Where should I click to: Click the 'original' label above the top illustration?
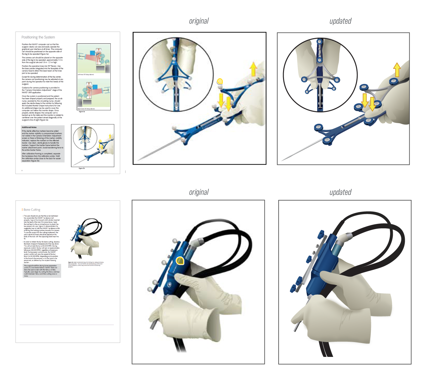199,21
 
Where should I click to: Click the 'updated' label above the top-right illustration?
340,21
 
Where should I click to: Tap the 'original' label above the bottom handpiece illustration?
199,192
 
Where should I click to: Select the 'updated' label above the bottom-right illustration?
340,192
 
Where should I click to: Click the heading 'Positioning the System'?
38,37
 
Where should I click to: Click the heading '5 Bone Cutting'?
31,210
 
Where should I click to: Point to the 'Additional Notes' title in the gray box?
29,127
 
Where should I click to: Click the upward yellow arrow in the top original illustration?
253,69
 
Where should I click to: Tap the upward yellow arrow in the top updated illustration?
397,69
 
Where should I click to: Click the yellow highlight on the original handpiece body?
180,261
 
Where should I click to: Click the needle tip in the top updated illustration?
282,160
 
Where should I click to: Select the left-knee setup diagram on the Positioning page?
94,59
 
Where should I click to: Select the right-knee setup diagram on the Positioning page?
94,93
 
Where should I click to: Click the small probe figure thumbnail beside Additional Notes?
93,145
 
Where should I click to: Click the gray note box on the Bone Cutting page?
42,271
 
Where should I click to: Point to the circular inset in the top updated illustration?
320,75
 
